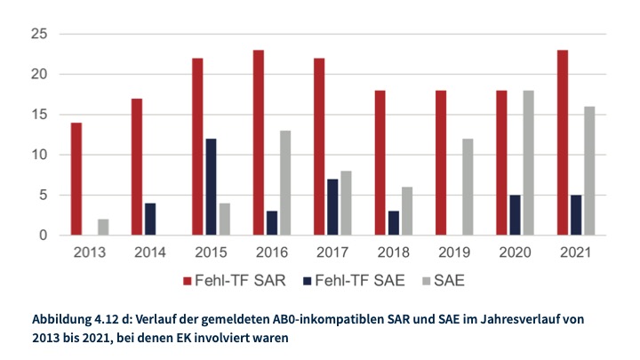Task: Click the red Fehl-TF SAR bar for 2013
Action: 76,179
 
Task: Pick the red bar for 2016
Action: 258,143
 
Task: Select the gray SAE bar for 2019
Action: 468,187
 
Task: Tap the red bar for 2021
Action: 563,143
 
